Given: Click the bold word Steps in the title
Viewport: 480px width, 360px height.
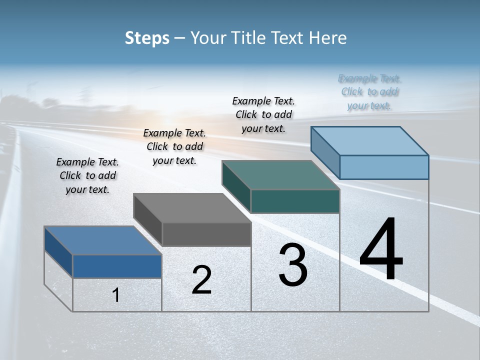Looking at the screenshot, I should pos(147,38).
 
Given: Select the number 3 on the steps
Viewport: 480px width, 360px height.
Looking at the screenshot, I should pos(293,265).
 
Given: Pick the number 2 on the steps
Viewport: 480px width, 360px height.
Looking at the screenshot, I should pos(201,280).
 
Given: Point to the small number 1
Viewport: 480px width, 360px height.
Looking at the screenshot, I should pos(116,295).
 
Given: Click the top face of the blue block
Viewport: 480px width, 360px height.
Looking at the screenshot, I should pos(102,240).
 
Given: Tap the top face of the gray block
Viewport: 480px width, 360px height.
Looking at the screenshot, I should pos(192,208).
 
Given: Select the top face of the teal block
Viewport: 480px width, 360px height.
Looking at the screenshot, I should pos(280,175).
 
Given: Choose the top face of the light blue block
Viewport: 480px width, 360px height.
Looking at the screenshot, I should pos(369,141).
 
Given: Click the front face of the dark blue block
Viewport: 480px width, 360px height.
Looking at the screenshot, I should pos(117,266).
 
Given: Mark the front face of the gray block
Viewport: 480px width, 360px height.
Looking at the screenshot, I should pos(206,234).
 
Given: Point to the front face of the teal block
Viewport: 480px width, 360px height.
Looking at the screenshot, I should pos(295,201).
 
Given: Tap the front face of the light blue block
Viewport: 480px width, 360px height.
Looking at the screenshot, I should pos(384,167).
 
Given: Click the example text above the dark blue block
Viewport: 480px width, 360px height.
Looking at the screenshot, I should pos(87,175).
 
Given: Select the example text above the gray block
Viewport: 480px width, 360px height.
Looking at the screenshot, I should pos(174,146).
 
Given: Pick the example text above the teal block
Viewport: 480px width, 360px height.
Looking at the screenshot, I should pos(263,114).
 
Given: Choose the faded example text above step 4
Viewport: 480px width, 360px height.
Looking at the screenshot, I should pos(369,92).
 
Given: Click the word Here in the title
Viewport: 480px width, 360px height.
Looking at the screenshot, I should pos(328,38).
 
